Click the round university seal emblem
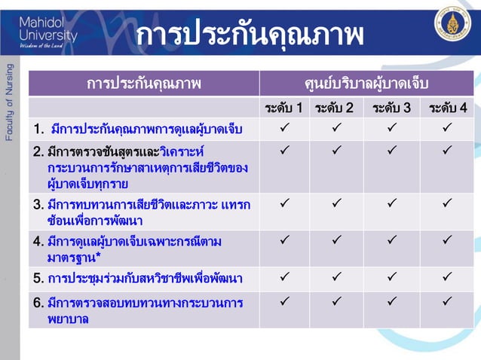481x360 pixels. (x=452, y=23)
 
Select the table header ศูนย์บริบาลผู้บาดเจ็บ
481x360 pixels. (x=366, y=83)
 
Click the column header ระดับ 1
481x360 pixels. (x=284, y=108)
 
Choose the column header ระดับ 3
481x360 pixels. (x=392, y=108)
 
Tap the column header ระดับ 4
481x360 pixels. (x=448, y=108)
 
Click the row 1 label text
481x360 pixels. (x=137, y=130)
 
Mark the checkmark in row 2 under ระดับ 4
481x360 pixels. (x=448, y=151)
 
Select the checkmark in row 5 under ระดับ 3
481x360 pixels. (x=392, y=277)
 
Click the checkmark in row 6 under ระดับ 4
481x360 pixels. (x=448, y=302)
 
